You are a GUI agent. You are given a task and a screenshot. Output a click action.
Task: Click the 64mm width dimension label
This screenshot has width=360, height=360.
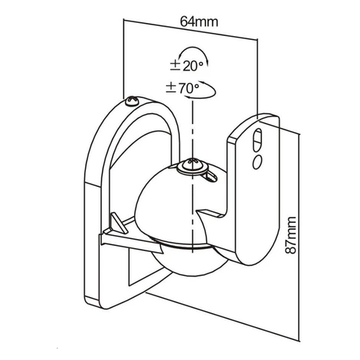point(199,21)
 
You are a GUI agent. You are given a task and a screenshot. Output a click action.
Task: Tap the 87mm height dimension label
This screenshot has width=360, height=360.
point(290,235)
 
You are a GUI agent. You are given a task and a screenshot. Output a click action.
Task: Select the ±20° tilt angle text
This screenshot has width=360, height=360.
point(187,66)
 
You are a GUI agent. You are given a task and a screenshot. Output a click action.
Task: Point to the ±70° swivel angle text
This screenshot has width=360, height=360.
point(182,88)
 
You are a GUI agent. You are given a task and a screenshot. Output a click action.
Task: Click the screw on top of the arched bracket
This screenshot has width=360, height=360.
point(132,101)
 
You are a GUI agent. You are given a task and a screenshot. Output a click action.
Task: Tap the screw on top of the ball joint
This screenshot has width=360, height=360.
point(193,166)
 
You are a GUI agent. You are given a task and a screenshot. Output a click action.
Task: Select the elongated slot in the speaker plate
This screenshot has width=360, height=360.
point(258,139)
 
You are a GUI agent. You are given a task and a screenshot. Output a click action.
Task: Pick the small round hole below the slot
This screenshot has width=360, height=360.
point(257,162)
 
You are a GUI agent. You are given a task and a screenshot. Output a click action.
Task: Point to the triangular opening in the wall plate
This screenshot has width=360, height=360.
point(143,268)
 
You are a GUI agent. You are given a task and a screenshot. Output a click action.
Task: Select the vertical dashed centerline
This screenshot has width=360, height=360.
point(192,176)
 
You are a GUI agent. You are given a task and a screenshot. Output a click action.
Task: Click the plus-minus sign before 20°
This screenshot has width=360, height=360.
point(175,66)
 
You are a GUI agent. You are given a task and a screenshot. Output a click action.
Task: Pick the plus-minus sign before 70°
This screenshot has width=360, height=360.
point(171,88)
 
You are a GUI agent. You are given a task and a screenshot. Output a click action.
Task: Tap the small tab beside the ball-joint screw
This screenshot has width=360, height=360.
point(211,176)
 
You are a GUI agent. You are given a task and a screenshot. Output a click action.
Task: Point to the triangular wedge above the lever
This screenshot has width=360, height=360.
point(118,223)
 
